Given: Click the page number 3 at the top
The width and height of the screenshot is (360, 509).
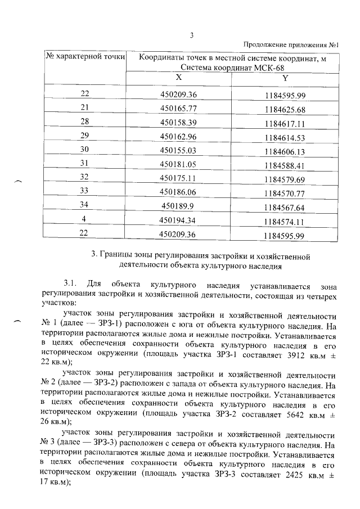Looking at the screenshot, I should [191, 36].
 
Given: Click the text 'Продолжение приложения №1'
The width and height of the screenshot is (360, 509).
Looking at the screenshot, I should [294, 45].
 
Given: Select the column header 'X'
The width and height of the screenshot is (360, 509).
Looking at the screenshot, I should [178, 78].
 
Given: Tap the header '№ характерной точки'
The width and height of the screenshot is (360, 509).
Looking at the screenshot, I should [85, 56].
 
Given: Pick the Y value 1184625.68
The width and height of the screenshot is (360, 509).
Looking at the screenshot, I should [285, 109].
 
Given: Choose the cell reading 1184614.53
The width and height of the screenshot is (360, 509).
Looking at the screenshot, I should [285, 137].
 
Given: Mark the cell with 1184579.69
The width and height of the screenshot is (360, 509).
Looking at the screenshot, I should [285, 179].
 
